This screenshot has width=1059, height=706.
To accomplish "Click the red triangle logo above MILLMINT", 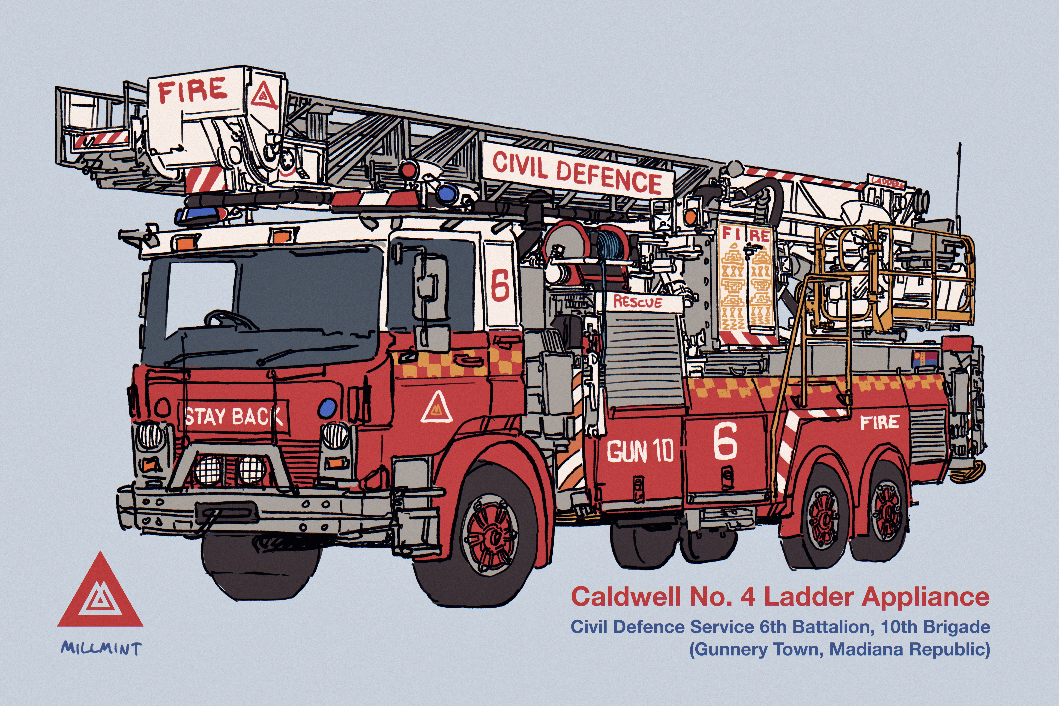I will [x=100, y=594].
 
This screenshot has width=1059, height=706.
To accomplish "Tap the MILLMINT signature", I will [x=101, y=648].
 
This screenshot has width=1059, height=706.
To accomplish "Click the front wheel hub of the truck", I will [x=491, y=536].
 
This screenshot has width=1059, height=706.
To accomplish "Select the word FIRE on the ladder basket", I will [x=193, y=90].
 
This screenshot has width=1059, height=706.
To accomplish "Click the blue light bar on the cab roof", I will [x=200, y=215].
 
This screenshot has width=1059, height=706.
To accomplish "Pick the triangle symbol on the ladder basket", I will [x=264, y=96].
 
